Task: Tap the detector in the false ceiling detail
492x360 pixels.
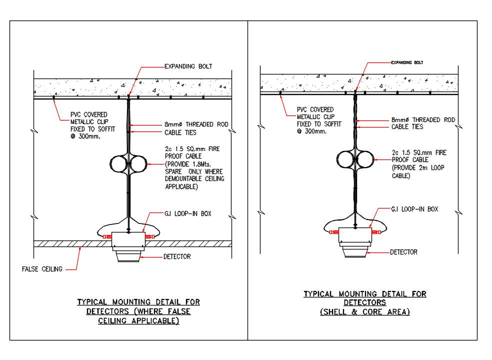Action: (128, 256)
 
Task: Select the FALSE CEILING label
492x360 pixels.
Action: (42, 269)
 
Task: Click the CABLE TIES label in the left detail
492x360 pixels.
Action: (180, 133)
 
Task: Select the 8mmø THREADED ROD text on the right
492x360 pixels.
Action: (423, 120)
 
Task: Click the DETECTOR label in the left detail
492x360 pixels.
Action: (177, 257)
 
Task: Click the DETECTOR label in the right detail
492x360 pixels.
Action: (403, 252)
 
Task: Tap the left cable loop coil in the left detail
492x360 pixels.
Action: (119, 163)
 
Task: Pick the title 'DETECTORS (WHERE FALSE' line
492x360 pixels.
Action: (138, 311)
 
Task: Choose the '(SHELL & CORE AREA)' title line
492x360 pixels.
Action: (365, 312)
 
